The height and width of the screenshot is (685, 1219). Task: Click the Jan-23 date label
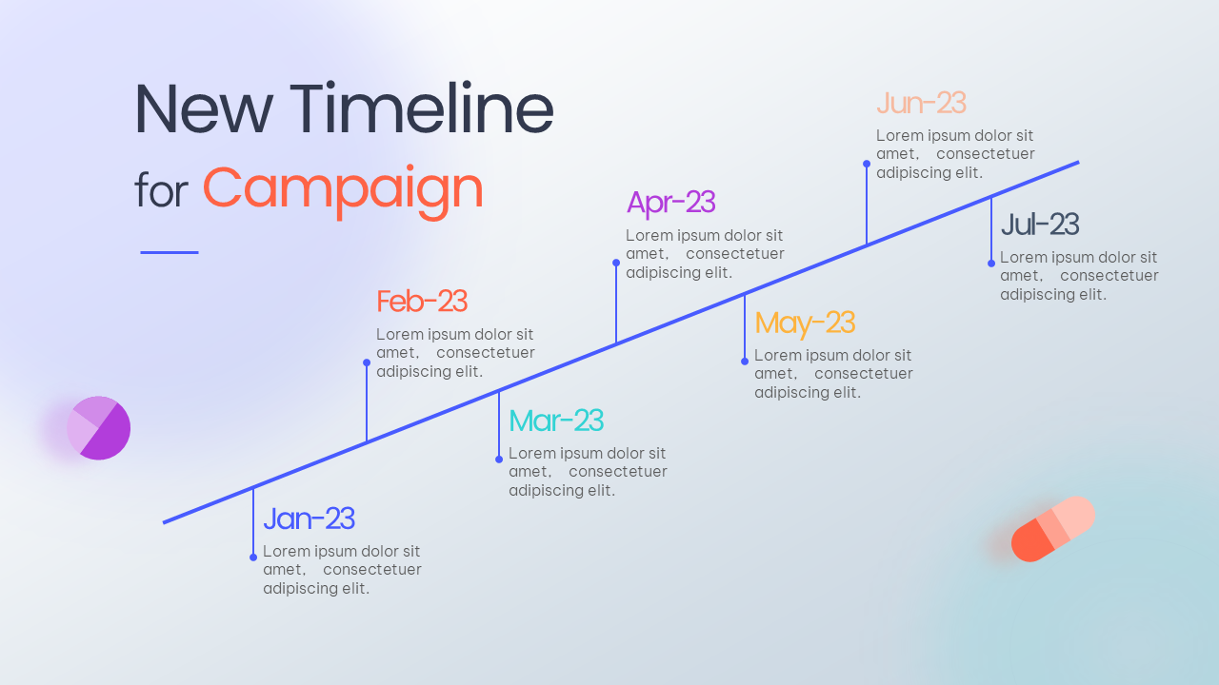tap(310, 519)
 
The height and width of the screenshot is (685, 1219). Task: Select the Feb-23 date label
tap(422, 302)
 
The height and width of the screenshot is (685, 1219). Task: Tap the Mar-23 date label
tap(556, 421)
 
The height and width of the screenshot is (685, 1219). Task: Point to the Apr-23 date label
tap(670, 204)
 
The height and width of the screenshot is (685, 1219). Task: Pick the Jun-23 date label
tap(921, 103)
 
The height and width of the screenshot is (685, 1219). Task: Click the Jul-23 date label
tap(1040, 224)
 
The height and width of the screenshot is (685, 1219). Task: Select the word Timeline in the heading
tap(422, 108)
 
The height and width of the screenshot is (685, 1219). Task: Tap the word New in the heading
tap(204, 108)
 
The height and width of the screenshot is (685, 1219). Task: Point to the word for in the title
tap(161, 190)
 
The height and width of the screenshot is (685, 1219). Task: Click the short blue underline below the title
tap(170, 252)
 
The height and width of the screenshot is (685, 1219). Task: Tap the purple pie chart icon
tap(98, 428)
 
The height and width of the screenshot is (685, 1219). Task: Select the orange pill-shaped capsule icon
tap(1053, 528)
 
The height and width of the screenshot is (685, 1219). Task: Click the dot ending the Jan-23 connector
tap(253, 558)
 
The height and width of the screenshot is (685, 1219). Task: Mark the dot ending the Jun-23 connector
tap(867, 164)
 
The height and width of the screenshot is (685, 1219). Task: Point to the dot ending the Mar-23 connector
tap(499, 460)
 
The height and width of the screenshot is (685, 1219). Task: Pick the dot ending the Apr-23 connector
tap(616, 263)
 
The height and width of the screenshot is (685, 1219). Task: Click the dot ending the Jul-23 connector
tap(991, 264)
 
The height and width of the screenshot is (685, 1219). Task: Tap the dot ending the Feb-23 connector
tap(367, 362)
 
